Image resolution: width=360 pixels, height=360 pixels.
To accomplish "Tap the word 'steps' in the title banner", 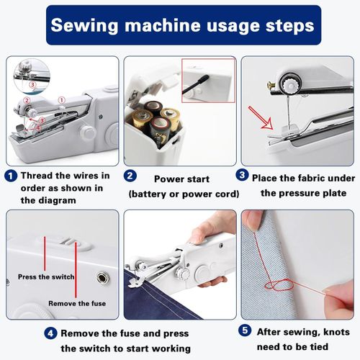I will click(x=284, y=25).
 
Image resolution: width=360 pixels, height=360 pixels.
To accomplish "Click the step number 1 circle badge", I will click(x=11, y=175).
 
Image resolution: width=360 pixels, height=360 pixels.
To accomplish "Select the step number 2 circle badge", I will click(x=129, y=175).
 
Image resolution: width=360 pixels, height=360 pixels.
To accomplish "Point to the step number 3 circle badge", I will click(x=243, y=175).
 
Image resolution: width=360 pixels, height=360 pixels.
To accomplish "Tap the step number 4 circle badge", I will click(x=50, y=333).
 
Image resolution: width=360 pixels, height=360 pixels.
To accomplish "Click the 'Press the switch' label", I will click(x=45, y=277).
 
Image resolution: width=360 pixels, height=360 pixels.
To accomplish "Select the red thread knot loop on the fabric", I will click(x=276, y=285).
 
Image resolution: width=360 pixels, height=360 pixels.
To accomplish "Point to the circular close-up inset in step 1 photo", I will click(x=29, y=76).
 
